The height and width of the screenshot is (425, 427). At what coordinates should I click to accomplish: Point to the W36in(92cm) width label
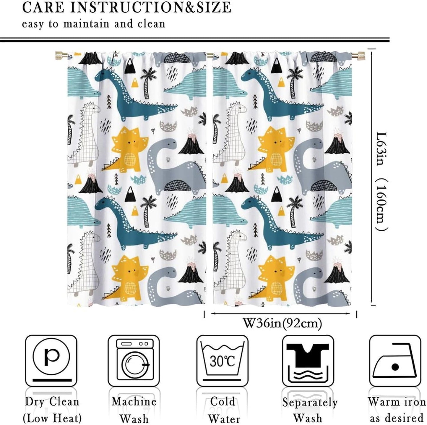pos(282,323)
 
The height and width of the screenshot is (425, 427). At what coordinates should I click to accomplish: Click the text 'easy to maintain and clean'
pos(93,24)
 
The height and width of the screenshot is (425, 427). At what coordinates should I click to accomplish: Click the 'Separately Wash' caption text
pos(309,410)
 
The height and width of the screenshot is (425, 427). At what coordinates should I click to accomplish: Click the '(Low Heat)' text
pos(52,418)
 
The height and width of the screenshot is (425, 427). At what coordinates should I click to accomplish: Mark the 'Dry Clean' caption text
pos(52,402)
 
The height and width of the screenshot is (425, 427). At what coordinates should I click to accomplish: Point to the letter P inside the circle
pos(51,357)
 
